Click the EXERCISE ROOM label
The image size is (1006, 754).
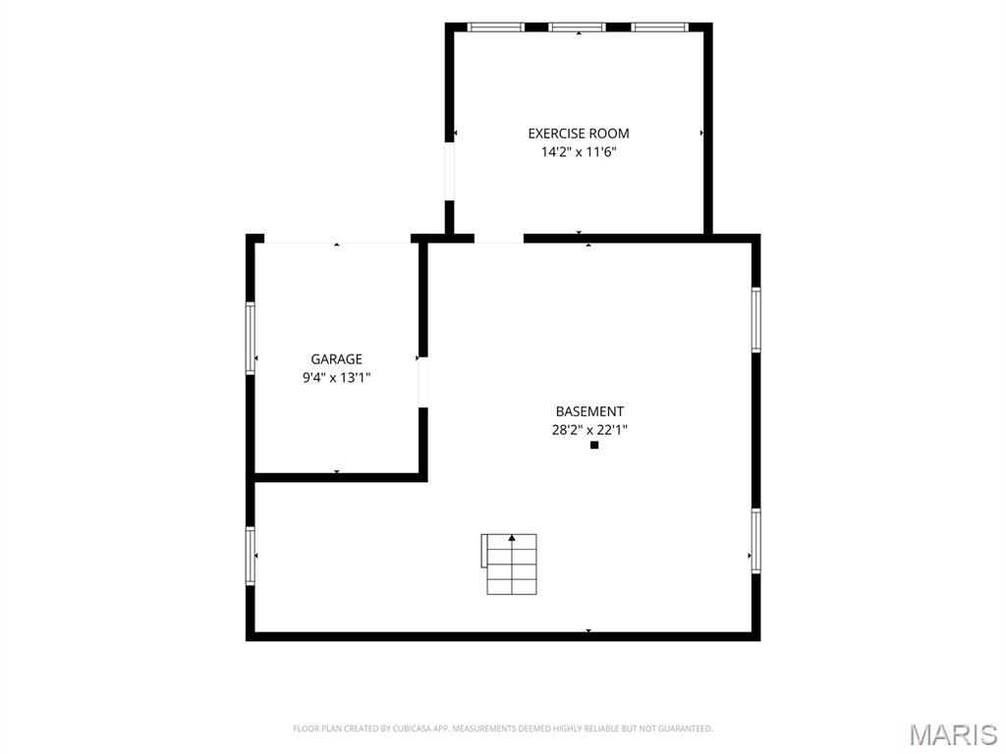pyautogui.click(x=578, y=134)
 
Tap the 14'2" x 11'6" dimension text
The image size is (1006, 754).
pyautogui.click(x=578, y=152)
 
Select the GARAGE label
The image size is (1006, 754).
pyautogui.click(x=336, y=359)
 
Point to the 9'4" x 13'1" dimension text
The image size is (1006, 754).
pyautogui.click(x=336, y=378)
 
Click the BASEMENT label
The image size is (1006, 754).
pyautogui.click(x=589, y=411)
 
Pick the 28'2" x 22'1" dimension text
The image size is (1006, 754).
pyautogui.click(x=589, y=430)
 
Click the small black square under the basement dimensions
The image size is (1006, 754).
pyautogui.click(x=594, y=445)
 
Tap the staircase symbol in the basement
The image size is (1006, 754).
pyautogui.click(x=510, y=565)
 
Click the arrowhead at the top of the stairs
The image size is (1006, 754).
pyautogui.click(x=511, y=538)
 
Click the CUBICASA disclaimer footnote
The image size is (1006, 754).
pyautogui.click(x=503, y=728)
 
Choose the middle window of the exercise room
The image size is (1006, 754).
pyautogui.click(x=578, y=27)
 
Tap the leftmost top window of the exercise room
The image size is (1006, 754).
pyautogui.click(x=495, y=27)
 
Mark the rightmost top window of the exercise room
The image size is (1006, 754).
pyautogui.click(x=659, y=27)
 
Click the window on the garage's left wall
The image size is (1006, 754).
pyautogui.click(x=251, y=338)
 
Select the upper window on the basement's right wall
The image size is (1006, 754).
pyautogui.click(x=755, y=319)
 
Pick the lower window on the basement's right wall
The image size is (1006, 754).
pyautogui.click(x=755, y=541)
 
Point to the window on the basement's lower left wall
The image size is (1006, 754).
pyautogui.click(x=251, y=556)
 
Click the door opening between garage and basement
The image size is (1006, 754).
pyautogui.click(x=422, y=382)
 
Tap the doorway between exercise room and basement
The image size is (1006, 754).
pyautogui.click(x=499, y=239)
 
